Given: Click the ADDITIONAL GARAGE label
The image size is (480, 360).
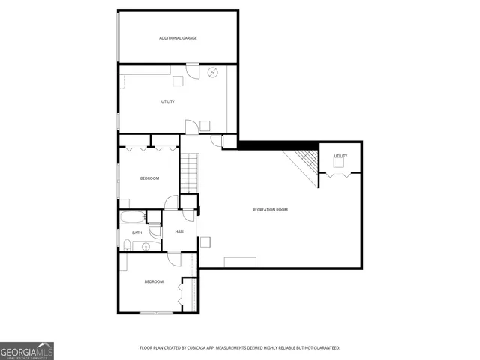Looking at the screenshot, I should [x=178, y=37].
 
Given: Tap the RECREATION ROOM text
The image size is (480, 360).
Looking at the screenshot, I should [x=270, y=210].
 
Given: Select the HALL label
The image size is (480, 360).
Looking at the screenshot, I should [x=180, y=232].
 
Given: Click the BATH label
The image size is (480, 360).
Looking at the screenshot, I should [x=137, y=232].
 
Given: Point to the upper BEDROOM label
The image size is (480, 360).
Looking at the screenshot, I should [x=150, y=178].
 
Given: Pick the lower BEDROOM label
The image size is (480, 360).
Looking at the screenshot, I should [x=154, y=281].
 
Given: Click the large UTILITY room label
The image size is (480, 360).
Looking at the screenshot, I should [x=168, y=101].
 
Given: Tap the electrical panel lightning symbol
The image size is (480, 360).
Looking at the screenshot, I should [x=213, y=73].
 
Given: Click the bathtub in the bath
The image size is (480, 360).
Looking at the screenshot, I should [x=133, y=218].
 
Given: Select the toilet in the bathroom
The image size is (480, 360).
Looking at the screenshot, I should [x=127, y=245].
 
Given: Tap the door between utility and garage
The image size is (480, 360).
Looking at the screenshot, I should [x=192, y=71].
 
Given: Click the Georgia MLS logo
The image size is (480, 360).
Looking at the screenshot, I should [x=27, y=350].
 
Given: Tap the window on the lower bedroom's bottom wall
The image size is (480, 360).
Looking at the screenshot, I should [x=155, y=312].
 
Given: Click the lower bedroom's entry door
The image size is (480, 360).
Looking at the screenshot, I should [x=174, y=259].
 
